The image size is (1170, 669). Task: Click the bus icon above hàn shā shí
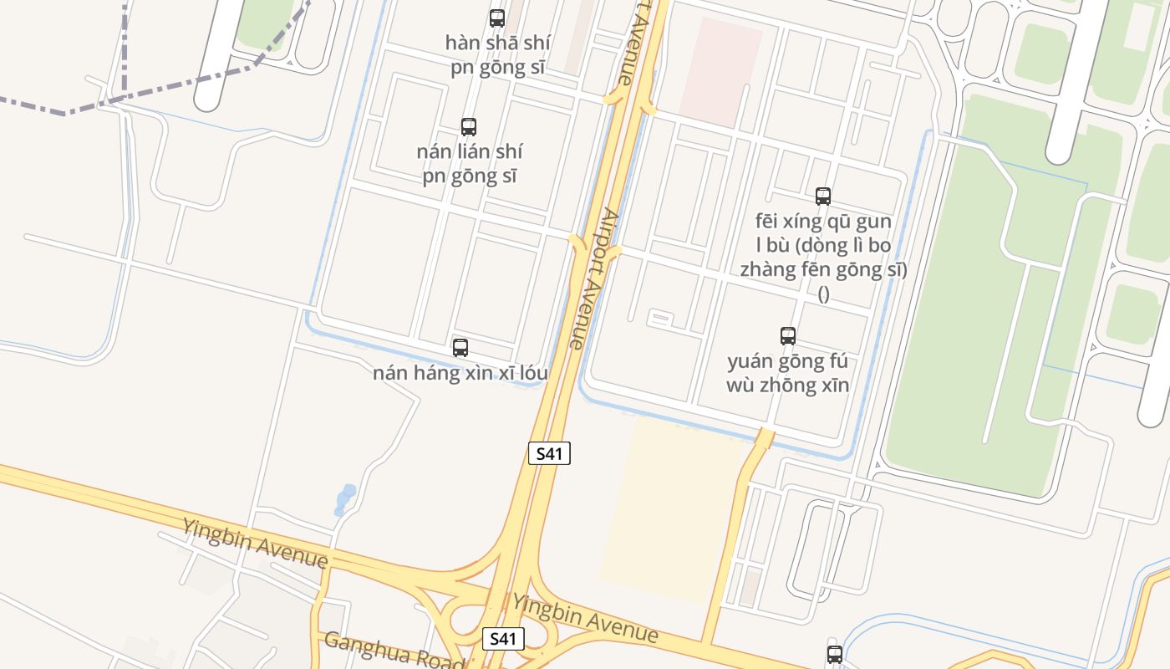(x=497, y=18)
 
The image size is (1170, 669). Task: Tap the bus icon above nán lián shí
(x=469, y=127)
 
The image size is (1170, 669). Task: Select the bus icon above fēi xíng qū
(x=823, y=197)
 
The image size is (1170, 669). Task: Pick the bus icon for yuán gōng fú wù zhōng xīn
(x=788, y=336)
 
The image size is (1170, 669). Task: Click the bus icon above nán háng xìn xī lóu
(x=460, y=348)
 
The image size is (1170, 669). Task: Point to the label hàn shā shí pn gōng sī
(x=496, y=55)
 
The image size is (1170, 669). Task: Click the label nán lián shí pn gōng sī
(x=469, y=164)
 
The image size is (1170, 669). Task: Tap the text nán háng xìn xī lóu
(x=460, y=373)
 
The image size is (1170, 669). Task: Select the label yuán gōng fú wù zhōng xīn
(x=788, y=373)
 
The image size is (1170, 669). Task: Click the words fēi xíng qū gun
(x=823, y=222)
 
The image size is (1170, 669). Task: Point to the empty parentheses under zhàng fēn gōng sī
(x=823, y=294)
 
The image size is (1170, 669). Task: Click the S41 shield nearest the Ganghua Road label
(x=504, y=639)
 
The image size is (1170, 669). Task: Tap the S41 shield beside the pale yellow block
(x=549, y=454)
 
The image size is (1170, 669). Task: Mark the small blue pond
(x=344, y=498)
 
